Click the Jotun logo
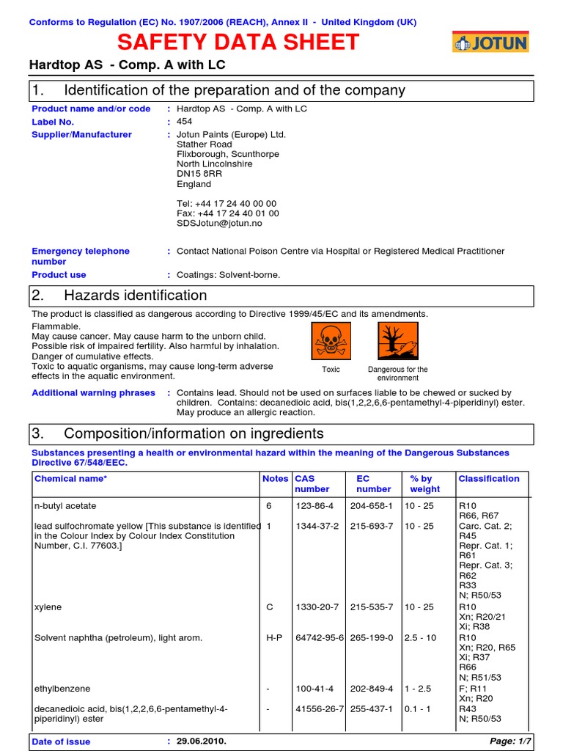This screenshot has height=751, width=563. coord(490,43)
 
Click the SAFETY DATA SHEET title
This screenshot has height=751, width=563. coord(238,43)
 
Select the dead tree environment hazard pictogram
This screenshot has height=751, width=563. coord(397,341)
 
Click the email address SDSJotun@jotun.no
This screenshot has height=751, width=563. coord(219,224)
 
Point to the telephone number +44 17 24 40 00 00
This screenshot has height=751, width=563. coord(227,204)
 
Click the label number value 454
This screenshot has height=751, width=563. coord(185,122)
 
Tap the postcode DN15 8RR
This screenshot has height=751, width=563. coord(199,175)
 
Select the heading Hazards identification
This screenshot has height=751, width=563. coord(136,296)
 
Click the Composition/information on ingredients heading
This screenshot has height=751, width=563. coord(194,433)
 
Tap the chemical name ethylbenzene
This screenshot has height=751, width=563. coord(59,689)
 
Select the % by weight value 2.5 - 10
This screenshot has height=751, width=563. coord(420,638)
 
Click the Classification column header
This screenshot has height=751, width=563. coord(488,479)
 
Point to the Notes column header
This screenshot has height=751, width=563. coord(275,479)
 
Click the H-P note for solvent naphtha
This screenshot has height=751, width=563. coord(273,638)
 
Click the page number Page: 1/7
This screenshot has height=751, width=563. coord(512,741)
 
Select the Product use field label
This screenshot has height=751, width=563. coord(59,275)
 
